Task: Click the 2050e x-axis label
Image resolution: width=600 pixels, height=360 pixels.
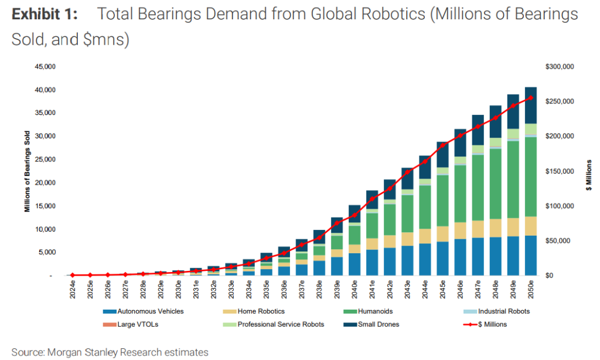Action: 530,290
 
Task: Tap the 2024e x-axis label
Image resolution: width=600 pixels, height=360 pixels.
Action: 73,290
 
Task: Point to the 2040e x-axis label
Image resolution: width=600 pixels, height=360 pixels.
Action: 354,290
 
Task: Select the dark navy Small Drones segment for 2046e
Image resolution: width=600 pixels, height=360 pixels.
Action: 460,142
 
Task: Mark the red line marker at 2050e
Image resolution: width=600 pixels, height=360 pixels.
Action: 530,98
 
